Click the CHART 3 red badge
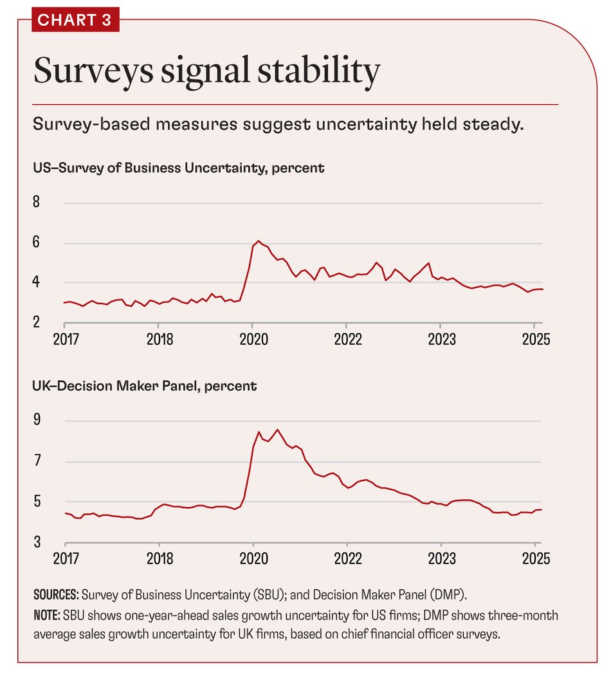[75, 19]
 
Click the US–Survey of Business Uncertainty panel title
[179, 169]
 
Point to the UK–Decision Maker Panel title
[145, 386]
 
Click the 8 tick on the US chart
[37, 203]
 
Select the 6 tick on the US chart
[37, 243]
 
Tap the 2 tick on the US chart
[37, 322]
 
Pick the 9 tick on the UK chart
[37, 421]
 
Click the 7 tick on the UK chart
[37, 461]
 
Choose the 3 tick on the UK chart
[37, 542]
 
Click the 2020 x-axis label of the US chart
[253, 339]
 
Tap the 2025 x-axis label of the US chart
[534, 339]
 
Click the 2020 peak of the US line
[258, 241]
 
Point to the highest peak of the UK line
[277, 430]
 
